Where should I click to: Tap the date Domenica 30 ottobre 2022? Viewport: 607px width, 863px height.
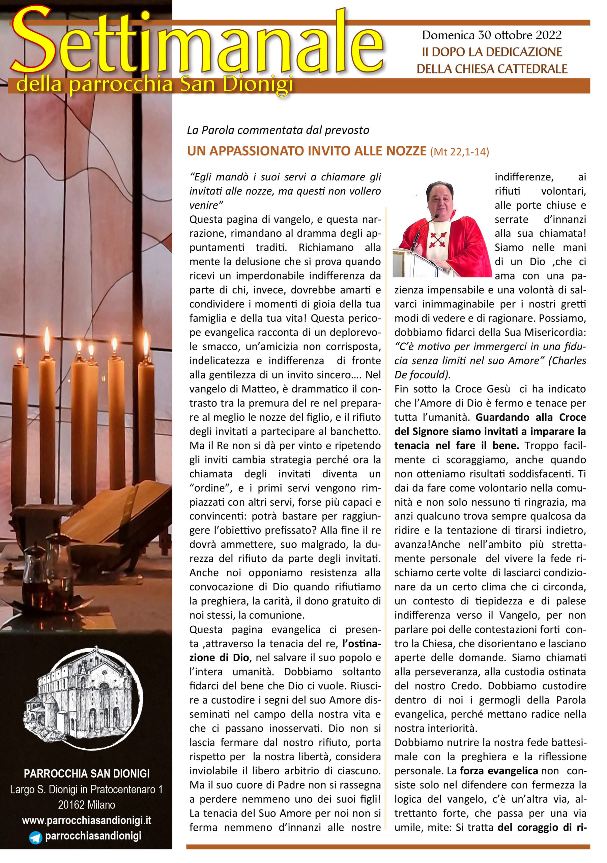click(x=492, y=35)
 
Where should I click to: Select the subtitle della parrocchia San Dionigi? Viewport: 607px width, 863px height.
click(x=154, y=84)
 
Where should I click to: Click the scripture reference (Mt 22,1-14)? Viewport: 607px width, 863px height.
click(x=459, y=152)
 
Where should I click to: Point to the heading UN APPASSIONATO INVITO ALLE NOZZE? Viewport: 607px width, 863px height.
click(x=307, y=151)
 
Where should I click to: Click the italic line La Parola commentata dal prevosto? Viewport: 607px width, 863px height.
click(x=278, y=130)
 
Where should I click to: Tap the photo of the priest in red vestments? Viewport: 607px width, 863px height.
click(x=441, y=229)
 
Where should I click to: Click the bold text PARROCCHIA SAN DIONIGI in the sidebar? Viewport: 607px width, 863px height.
click(x=87, y=774)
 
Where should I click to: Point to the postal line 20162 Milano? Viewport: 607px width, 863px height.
click(x=87, y=805)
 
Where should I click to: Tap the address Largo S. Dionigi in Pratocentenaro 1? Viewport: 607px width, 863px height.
click(x=87, y=789)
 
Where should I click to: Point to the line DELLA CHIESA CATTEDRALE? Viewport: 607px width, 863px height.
click(x=492, y=69)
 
